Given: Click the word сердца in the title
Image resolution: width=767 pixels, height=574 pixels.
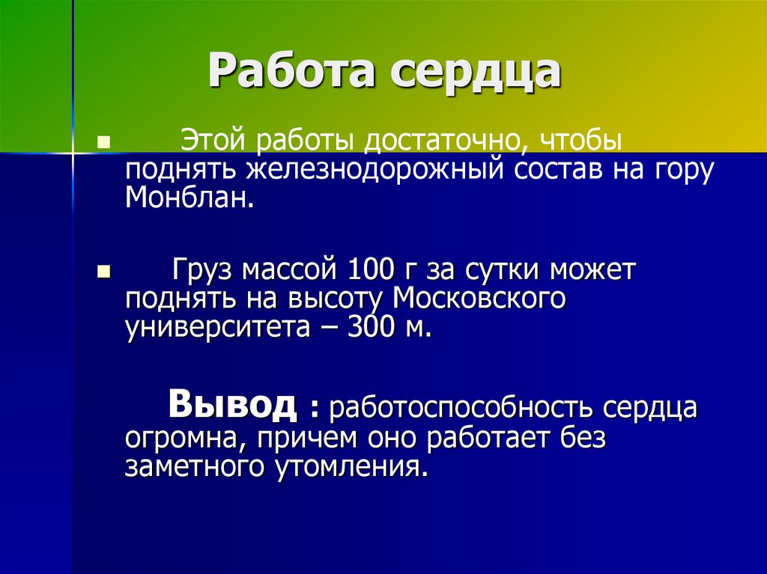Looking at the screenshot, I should pyautogui.click(x=474, y=73).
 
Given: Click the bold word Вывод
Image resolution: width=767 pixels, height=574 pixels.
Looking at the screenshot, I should pyautogui.click(x=232, y=405).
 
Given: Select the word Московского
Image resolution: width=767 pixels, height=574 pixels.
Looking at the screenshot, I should pyautogui.click(x=479, y=298).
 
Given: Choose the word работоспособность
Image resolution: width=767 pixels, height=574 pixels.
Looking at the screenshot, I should pyautogui.click(x=461, y=409).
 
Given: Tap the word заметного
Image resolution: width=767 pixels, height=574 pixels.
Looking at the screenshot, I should pyautogui.click(x=193, y=467).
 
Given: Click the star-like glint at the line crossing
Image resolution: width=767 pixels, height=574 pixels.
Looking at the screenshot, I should pyautogui.click(x=73, y=153).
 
